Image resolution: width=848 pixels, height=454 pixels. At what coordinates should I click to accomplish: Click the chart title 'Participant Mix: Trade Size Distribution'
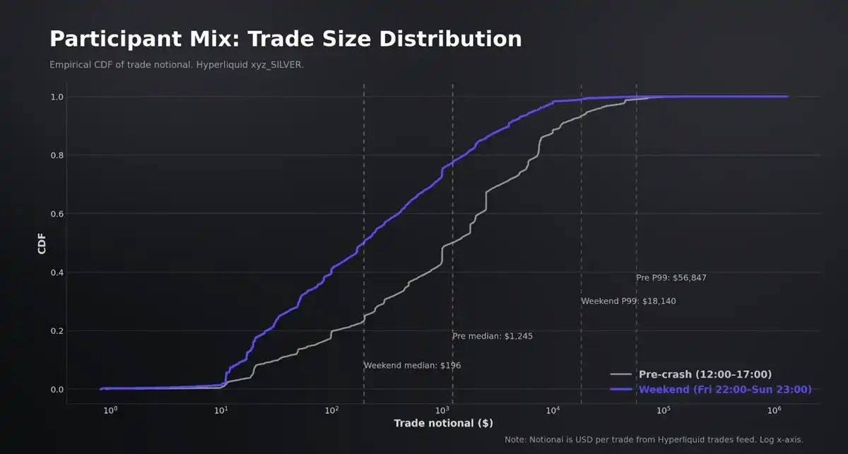click(x=285, y=39)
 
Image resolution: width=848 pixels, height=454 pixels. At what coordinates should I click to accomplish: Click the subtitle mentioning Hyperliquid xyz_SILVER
click(x=181, y=65)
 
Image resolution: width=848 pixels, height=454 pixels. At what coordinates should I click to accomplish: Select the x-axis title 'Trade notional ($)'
click(x=443, y=424)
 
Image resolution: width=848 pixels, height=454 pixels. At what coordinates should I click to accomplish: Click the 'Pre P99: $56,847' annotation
click(x=671, y=278)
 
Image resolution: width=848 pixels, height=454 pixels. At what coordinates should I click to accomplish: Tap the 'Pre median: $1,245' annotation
click(x=493, y=337)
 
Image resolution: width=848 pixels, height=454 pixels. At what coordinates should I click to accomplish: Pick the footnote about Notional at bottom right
click(x=654, y=440)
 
